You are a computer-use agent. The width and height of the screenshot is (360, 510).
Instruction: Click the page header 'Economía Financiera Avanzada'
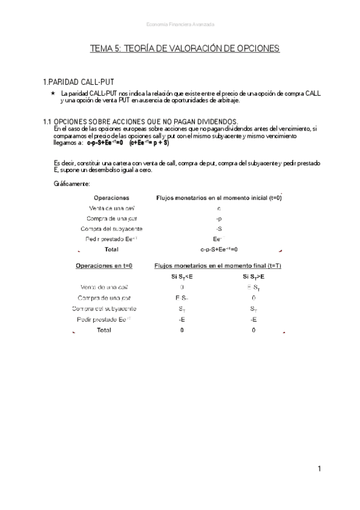[x=180, y=24]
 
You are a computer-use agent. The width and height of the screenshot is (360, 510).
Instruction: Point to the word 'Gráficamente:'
[x=72, y=183]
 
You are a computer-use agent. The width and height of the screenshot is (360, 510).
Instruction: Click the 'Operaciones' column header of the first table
[x=111, y=197]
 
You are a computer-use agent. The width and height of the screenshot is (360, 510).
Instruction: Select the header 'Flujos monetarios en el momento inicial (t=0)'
[x=219, y=197]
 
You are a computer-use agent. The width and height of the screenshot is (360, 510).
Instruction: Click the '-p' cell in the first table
[x=219, y=218]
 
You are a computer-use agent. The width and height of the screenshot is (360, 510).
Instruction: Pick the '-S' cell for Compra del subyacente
[x=219, y=229]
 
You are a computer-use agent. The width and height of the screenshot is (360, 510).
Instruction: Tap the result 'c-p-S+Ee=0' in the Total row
[x=219, y=249]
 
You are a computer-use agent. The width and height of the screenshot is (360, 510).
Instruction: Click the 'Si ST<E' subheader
[x=182, y=277]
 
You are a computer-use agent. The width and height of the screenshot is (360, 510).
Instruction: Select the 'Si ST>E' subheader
[x=253, y=277]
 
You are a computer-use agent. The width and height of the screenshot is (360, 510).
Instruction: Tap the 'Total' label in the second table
[x=104, y=330]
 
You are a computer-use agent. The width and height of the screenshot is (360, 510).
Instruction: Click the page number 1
[x=320, y=469]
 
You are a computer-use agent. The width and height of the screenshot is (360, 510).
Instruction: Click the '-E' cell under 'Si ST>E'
[x=253, y=319]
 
